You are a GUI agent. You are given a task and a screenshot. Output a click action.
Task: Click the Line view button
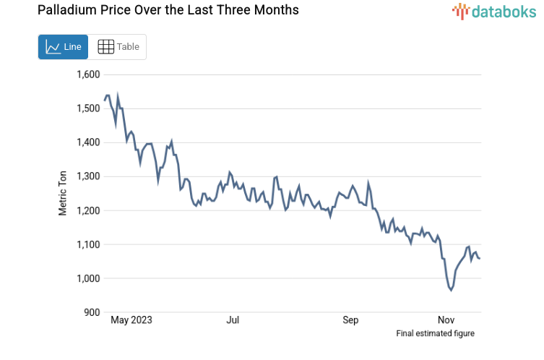[x=63, y=47]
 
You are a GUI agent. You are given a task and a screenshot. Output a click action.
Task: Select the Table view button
[x=118, y=47]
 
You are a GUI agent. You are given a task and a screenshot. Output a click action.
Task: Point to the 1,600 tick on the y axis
[x=90, y=74]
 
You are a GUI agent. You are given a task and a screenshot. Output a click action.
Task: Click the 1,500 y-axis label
[x=90, y=108]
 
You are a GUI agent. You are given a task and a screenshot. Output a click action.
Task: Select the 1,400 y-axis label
[x=90, y=142]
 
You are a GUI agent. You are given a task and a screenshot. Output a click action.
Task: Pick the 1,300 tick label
[x=90, y=176]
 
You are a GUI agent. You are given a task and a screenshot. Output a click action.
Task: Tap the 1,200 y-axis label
[x=90, y=210]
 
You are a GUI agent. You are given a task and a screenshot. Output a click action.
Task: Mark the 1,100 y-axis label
[x=90, y=244]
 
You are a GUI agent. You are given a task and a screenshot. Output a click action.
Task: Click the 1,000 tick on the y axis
[x=90, y=278]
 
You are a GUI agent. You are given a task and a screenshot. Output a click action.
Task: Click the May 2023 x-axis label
[x=131, y=320]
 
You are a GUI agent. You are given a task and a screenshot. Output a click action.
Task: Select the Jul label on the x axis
[x=233, y=320]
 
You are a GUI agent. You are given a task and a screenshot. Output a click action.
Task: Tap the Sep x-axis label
[x=350, y=320]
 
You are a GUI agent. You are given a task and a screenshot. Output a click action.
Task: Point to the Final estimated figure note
[x=435, y=333]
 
